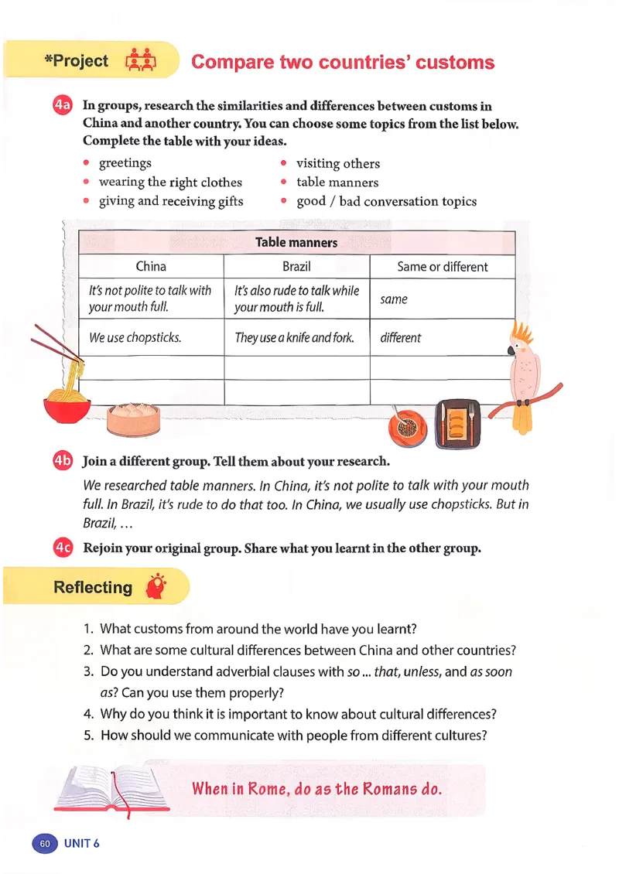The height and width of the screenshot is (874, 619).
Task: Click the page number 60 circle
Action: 44,843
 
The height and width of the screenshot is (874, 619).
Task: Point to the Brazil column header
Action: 296,267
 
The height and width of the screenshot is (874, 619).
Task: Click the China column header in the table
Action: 151,267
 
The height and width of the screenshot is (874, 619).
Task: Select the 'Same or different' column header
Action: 442,267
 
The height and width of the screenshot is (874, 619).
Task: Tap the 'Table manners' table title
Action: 296,243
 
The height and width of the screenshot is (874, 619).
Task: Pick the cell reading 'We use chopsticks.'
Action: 135,338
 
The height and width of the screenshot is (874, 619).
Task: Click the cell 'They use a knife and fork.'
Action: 294,338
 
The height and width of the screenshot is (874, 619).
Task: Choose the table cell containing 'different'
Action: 401,338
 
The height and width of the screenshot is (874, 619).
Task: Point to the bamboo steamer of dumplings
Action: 133,419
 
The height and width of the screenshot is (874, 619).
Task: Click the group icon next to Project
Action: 140,61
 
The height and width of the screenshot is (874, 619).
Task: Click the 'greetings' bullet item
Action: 125,163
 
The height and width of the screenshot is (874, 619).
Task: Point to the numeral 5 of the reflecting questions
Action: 88,736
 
